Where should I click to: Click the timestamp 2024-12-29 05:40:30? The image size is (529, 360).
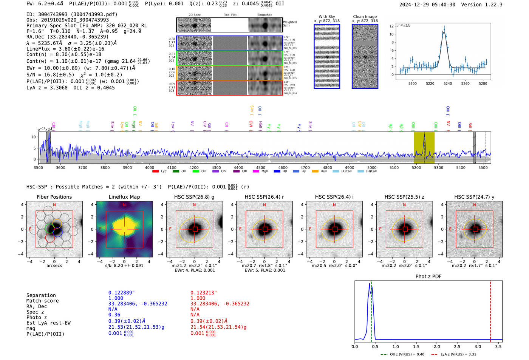tap(427, 5)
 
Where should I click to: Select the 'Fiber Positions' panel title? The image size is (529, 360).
tap(54, 197)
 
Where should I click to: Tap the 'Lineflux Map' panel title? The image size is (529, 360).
tap(124, 197)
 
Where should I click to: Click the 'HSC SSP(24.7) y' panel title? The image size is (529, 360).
tap(474, 197)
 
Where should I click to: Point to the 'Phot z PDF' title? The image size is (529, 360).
tap(428, 277)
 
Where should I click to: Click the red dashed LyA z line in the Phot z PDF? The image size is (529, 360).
tap(490, 310)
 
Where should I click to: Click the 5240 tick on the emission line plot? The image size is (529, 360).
tap(448, 83)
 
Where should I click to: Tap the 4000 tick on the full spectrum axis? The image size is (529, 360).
tap(150, 168)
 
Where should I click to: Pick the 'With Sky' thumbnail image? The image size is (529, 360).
tap(327, 56)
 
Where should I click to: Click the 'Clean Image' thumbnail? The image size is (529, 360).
tap(365, 56)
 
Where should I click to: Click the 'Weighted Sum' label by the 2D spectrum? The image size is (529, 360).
tap(290, 24)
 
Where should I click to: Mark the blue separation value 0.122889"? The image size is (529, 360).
tap(122, 293)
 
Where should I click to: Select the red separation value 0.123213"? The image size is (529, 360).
tap(204, 293)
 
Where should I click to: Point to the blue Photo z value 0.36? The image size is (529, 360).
tap(114, 315)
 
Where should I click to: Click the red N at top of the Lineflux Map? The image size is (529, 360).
tap(124, 205)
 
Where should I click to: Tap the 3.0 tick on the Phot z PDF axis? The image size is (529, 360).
tap(478, 346)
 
